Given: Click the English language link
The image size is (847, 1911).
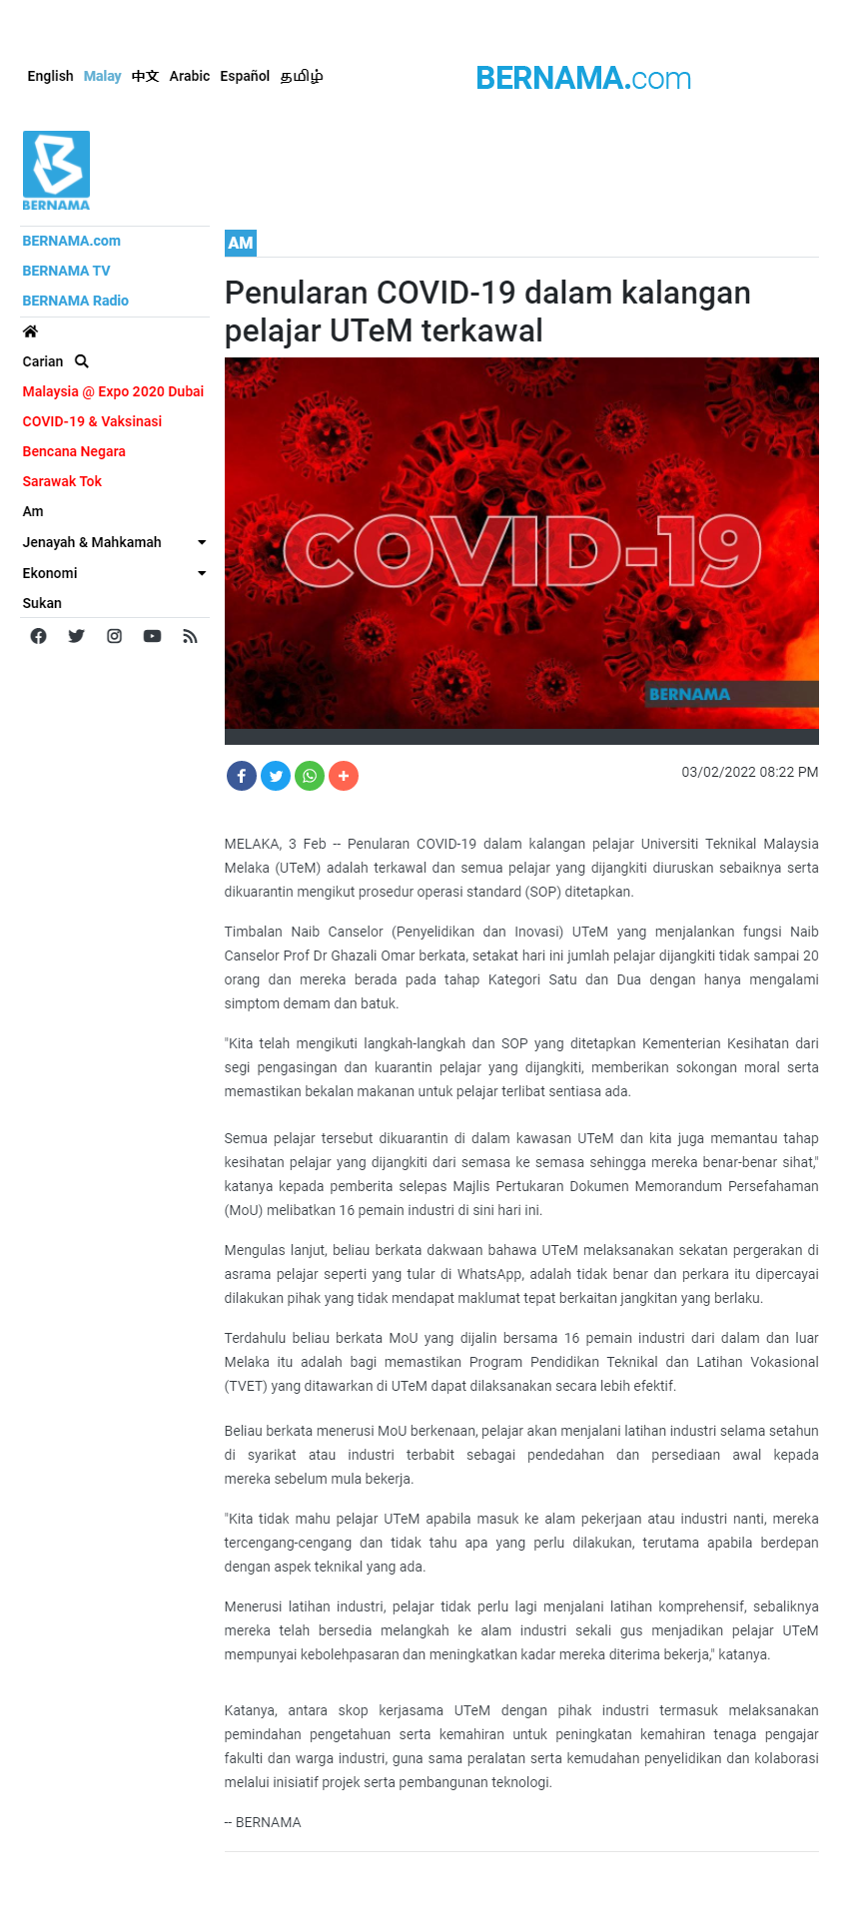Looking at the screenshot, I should click(50, 76).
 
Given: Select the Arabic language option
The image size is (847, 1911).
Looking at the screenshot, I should click(189, 76).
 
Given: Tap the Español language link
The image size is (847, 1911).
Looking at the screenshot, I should click(245, 76).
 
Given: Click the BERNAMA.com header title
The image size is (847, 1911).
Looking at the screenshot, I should click(583, 78).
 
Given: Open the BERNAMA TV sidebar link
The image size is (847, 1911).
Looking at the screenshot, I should click(66, 271).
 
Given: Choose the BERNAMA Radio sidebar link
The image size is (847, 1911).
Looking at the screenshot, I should click(75, 301).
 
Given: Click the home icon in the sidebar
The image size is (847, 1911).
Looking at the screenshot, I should click(30, 331).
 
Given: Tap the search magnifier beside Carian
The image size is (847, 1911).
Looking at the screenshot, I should click(82, 361).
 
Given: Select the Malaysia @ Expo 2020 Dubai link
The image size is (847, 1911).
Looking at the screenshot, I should click(113, 391).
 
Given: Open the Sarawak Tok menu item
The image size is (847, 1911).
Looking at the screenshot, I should click(62, 481).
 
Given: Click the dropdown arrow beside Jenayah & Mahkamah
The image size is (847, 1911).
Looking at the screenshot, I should click(202, 542).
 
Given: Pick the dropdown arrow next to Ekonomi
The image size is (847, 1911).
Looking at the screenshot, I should click(202, 573).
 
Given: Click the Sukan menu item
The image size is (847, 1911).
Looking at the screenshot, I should click(42, 603).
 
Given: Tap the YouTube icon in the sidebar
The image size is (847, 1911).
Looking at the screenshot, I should click(152, 636).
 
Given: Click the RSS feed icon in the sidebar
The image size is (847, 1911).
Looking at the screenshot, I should click(190, 636).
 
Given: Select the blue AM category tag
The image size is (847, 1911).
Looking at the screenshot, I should click(241, 243).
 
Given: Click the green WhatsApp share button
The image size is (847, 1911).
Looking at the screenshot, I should click(310, 776).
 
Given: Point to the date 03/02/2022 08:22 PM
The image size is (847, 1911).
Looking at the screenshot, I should click(749, 772).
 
